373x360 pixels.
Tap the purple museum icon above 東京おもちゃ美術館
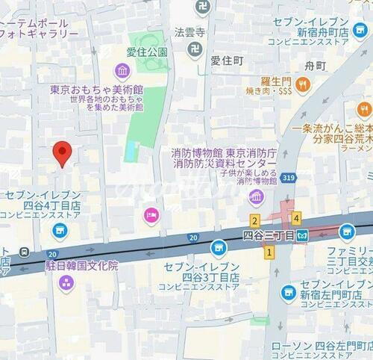click(122, 71)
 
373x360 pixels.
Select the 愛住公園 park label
click(147, 53)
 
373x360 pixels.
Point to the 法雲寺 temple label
click(189, 32)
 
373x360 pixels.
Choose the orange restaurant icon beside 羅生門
click(301, 86)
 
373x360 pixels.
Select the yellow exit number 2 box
click(254, 220)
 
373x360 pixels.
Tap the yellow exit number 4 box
click(297, 218)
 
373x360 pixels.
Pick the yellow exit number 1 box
click(268, 252)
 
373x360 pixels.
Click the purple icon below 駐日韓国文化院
click(66, 282)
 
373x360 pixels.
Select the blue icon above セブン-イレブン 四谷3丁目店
click(218, 246)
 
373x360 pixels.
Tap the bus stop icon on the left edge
click(25, 250)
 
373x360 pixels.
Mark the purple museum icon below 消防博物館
click(257, 198)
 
